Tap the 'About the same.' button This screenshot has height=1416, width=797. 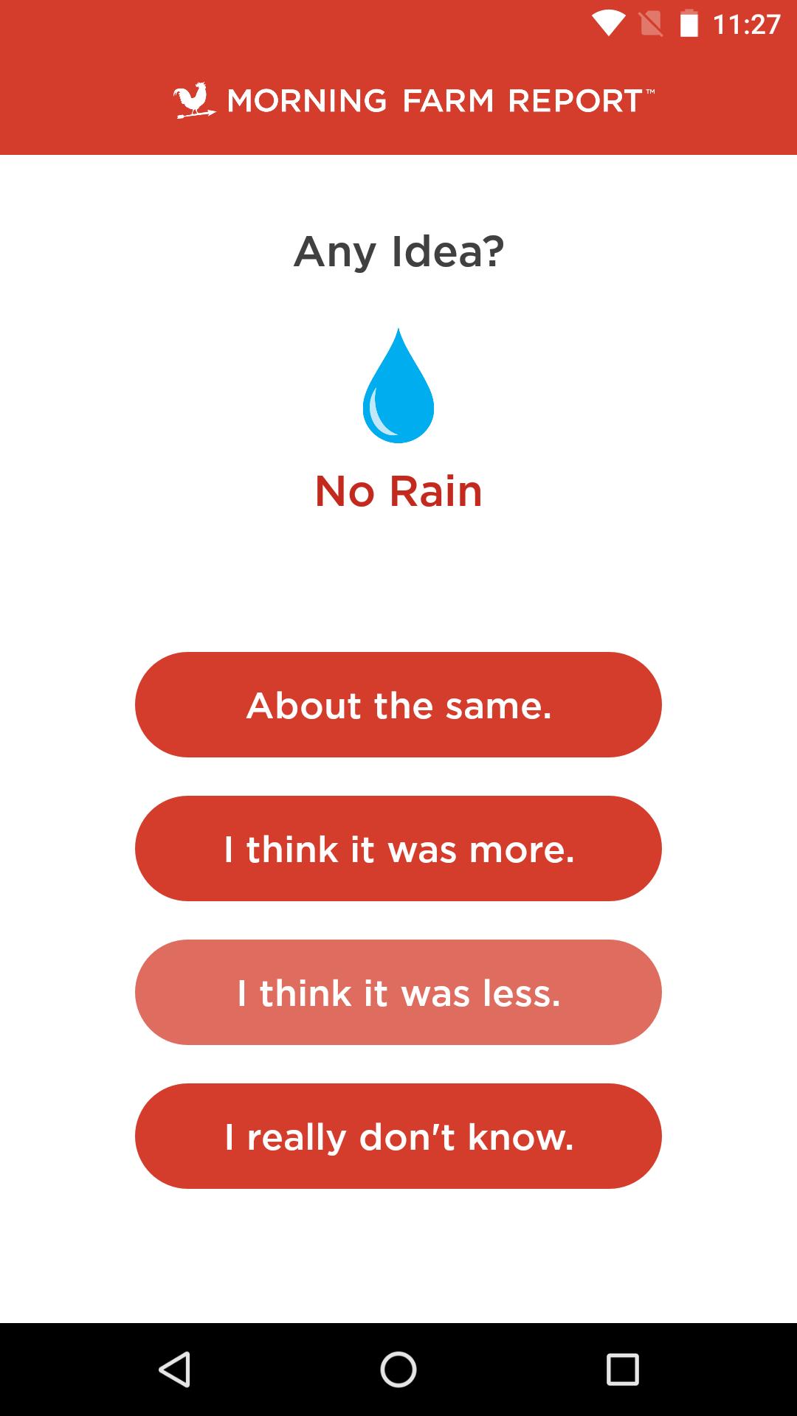tap(398, 704)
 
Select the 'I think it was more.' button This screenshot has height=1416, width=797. tap(398, 848)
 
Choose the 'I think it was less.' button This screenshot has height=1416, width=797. tap(398, 992)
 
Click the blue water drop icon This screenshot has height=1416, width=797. tap(398, 387)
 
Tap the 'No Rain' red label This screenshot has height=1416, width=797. tap(398, 491)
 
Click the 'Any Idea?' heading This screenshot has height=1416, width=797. tap(398, 252)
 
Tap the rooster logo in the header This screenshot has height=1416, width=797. tap(194, 100)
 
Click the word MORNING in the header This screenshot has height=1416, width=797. tap(306, 101)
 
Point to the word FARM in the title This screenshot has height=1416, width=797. tap(448, 101)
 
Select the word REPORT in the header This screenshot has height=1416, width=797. tap(576, 101)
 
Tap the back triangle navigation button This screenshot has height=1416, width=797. tap(176, 1370)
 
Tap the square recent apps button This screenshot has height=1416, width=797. tap(622, 1370)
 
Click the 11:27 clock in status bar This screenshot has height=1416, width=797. tap(746, 24)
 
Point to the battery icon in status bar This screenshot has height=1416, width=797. tap(689, 24)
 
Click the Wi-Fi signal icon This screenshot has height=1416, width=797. tap(608, 24)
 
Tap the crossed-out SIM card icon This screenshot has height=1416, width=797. tap(651, 24)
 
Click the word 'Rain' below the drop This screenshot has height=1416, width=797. tap(435, 491)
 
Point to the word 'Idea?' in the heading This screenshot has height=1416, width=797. tap(447, 252)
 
